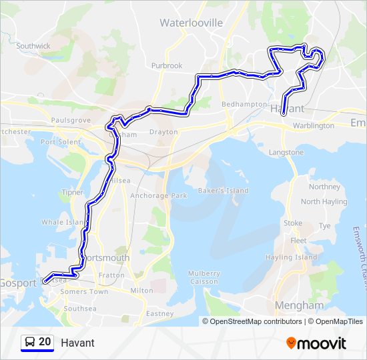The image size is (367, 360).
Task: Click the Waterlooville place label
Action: coord(191,23)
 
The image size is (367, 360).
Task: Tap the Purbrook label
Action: coord(166,66)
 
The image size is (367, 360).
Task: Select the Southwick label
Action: coord(33,46)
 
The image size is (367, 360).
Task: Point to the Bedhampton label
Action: coord(244,105)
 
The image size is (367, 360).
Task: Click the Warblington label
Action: coord(313,125)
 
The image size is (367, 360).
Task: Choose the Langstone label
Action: coord(286,153)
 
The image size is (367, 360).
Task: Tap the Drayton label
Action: coord(163,132)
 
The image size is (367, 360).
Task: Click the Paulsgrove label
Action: coord(70,120)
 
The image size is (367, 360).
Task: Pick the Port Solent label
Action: coord(60,142)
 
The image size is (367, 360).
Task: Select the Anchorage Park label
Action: coord(159,196)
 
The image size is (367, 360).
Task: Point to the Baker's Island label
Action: coord(223,191)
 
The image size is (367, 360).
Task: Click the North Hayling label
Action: coord(324,202)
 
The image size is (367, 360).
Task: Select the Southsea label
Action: coord(80,309)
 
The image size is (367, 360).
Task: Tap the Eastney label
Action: coord(159,313)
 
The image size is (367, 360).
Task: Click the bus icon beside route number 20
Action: coord(30,342)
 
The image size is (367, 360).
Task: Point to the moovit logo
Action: coord(316,343)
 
